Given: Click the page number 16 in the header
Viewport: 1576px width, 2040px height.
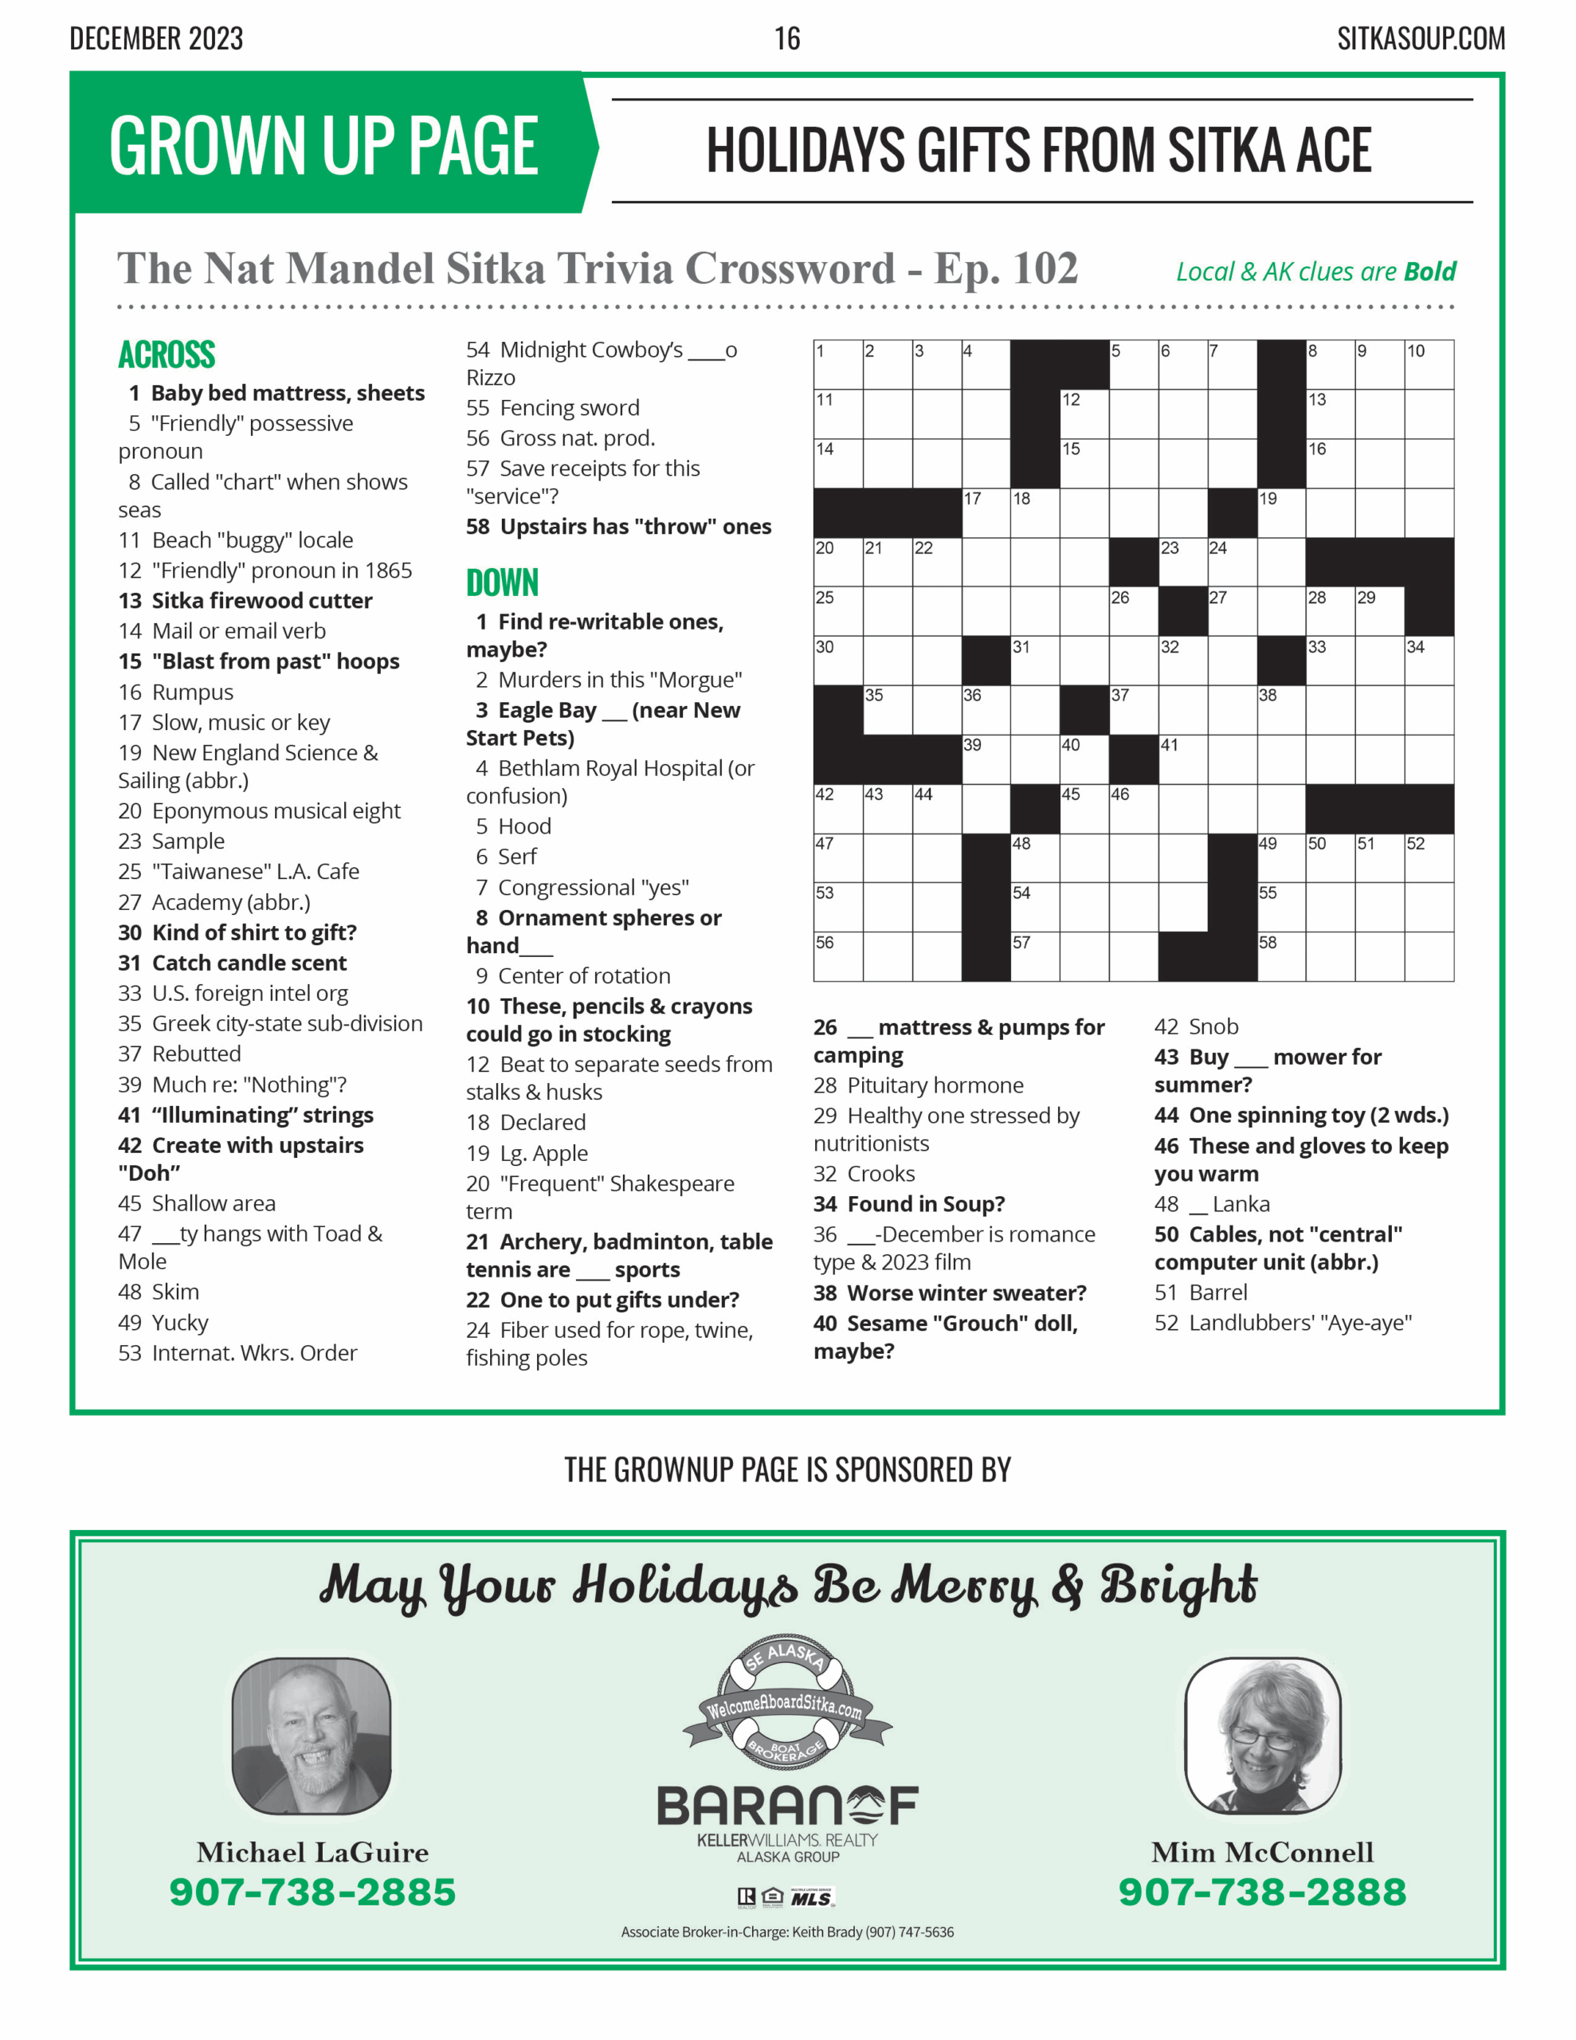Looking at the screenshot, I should [x=786, y=38].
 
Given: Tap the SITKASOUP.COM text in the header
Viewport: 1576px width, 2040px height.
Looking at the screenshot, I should [x=1420, y=38].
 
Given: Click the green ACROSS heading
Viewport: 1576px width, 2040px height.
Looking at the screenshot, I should [x=167, y=355].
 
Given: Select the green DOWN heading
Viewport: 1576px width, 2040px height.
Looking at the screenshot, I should [x=503, y=583].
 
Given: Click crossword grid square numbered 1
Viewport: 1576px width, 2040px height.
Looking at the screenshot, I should [x=838, y=365].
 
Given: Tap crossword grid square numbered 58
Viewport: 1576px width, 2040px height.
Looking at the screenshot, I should [x=1282, y=956].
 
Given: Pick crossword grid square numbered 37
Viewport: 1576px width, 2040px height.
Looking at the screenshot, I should [x=1133, y=710].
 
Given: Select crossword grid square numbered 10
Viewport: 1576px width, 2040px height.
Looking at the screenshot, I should [x=1429, y=365].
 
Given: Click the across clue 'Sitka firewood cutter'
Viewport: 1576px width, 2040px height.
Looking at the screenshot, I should [x=245, y=601].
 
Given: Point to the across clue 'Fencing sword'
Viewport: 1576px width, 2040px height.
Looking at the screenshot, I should [x=553, y=408].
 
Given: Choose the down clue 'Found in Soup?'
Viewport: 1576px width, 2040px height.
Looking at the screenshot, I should [x=909, y=1204].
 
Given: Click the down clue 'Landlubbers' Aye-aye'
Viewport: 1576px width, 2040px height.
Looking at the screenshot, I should [x=1283, y=1323].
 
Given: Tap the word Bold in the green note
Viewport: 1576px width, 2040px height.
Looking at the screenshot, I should [x=1429, y=272].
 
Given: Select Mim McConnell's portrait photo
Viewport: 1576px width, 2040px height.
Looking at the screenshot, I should [x=1262, y=1736].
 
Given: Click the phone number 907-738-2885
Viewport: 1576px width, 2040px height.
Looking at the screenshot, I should [x=312, y=1893].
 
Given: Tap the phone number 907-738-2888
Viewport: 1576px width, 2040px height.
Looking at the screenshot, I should [x=1262, y=1893].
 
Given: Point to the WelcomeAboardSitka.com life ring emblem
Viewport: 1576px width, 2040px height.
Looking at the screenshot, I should [x=786, y=1703].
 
